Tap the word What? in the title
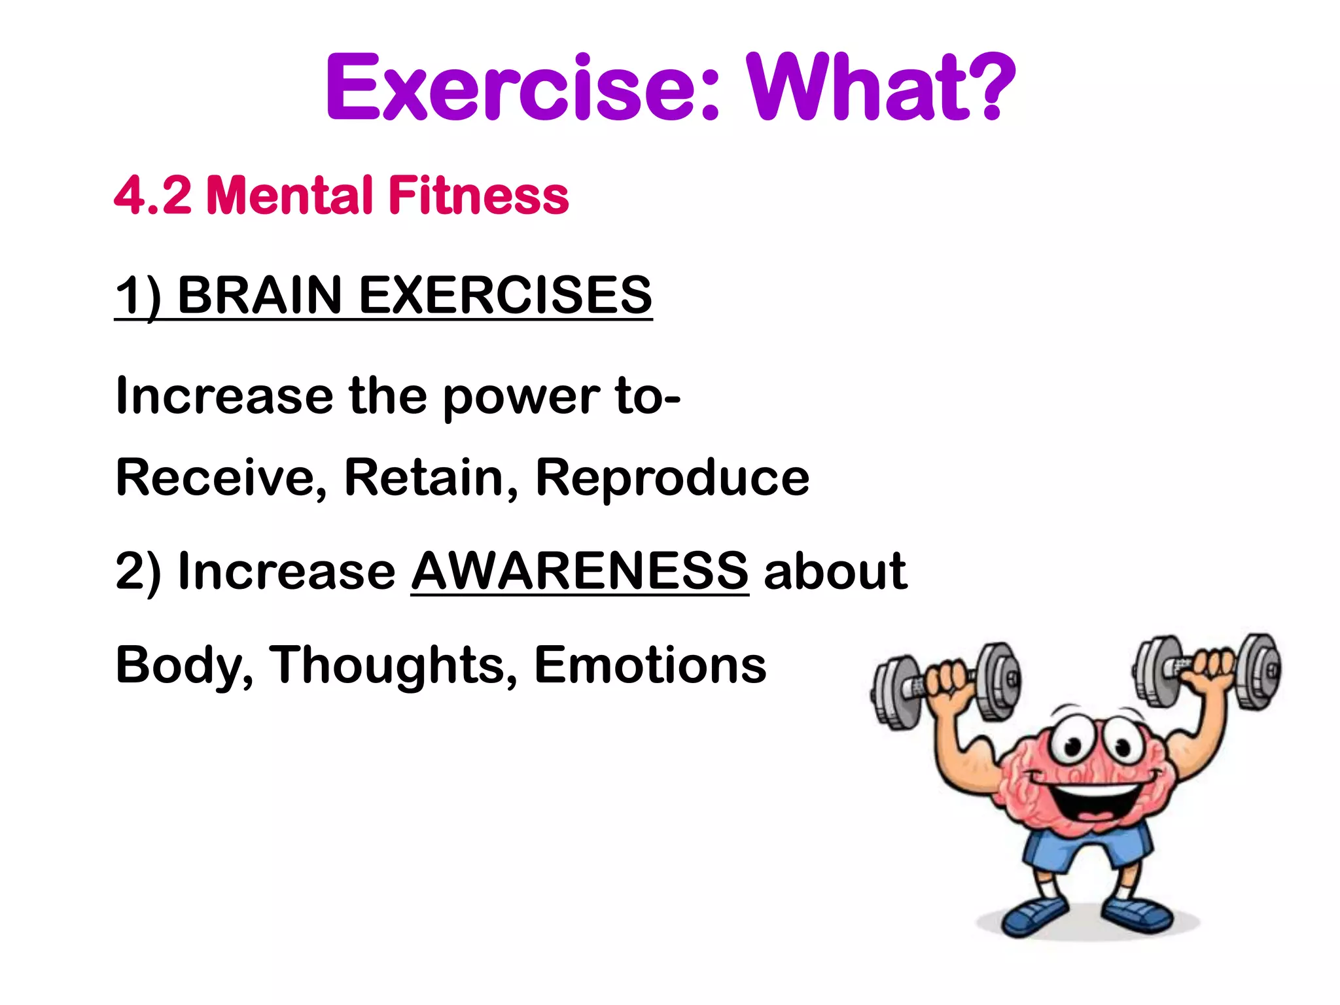(880, 88)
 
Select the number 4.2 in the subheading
(153, 195)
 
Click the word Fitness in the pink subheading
(478, 195)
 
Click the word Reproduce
(672, 478)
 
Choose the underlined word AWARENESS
(579, 571)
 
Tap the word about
(835, 571)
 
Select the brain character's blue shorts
(1086, 851)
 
